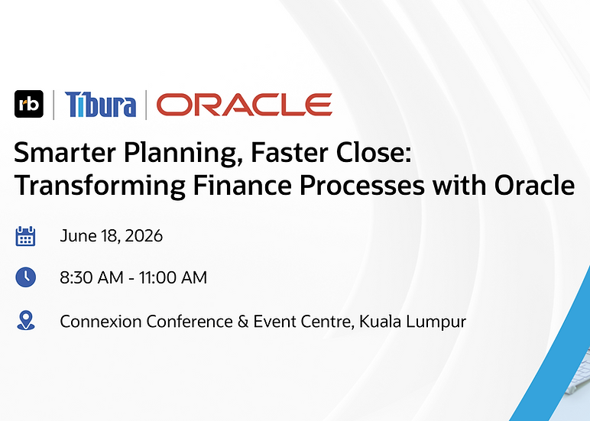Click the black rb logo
(x=29, y=104)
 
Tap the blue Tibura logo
(x=100, y=105)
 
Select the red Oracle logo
(x=245, y=105)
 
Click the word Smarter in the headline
(x=64, y=153)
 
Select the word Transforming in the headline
(x=99, y=186)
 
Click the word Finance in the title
(x=243, y=186)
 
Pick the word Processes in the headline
(x=362, y=186)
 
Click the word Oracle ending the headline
(x=534, y=186)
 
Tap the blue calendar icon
(x=25, y=236)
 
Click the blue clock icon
(x=25, y=277)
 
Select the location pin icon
(x=25, y=321)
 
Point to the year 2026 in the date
(x=144, y=236)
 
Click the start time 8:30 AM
(x=92, y=277)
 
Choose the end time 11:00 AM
(x=173, y=277)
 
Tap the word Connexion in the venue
(x=101, y=322)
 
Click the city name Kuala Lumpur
(x=413, y=322)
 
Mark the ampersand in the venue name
(x=243, y=322)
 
